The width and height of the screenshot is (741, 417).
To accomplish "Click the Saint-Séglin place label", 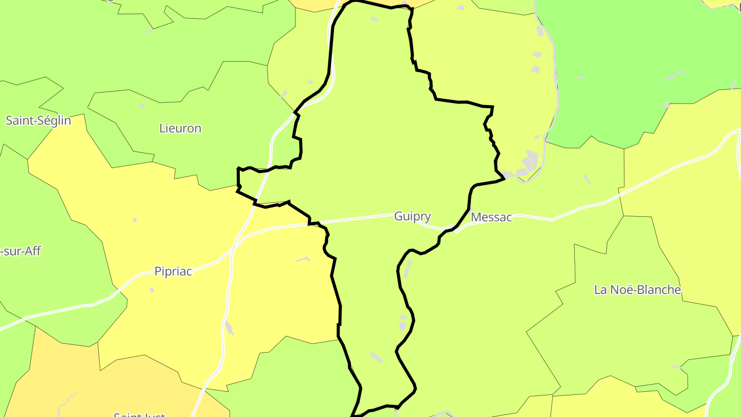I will [x=38, y=120].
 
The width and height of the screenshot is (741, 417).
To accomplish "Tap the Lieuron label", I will [x=180, y=128].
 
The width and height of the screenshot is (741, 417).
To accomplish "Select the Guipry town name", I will [x=412, y=216].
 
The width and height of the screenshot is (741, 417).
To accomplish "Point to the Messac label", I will [x=491, y=217].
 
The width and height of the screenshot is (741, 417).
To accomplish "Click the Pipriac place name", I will [x=173, y=271].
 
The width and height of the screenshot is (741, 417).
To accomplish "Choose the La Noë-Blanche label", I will [x=638, y=290].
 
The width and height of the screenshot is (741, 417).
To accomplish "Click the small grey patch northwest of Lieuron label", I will [x=143, y=105].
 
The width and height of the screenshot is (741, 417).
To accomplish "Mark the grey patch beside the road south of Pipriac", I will [x=229, y=327].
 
